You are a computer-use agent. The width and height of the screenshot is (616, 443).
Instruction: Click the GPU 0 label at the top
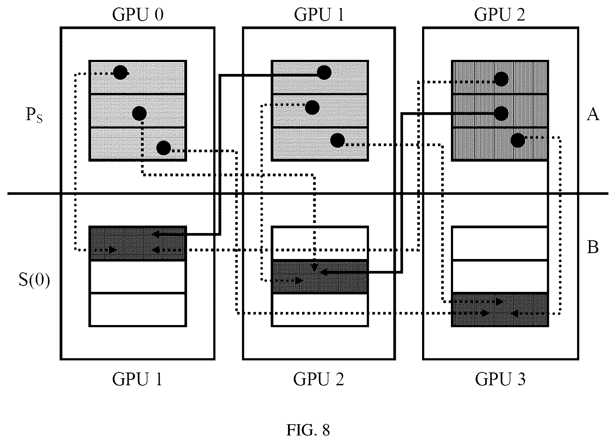138,14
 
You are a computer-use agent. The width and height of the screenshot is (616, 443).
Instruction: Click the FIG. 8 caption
308,430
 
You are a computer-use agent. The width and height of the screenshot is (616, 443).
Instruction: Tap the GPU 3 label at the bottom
500,379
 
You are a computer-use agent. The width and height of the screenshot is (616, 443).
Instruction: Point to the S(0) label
34,280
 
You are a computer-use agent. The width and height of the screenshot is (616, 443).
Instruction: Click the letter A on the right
593,114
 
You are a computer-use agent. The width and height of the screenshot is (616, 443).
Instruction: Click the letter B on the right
593,247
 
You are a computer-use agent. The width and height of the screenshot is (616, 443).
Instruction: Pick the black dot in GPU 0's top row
120,73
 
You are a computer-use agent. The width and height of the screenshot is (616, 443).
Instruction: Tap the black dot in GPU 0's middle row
139,113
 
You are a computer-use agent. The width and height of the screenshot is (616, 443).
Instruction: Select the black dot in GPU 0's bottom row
164,148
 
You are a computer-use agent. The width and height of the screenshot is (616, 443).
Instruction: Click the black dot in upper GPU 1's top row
324,73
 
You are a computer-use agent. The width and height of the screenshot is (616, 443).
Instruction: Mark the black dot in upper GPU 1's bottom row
337,141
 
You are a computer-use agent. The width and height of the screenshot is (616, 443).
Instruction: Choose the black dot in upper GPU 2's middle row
501,113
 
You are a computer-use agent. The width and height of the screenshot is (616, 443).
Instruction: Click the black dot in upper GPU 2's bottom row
518,140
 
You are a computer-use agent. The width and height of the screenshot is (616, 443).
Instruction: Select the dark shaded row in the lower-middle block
320,277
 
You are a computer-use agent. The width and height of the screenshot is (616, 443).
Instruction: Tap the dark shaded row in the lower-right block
500,310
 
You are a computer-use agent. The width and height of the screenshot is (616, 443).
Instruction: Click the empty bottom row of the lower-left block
138,310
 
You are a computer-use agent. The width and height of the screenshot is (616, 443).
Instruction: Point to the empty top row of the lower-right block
500,243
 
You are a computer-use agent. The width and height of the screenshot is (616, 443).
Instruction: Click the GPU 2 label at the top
500,14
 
